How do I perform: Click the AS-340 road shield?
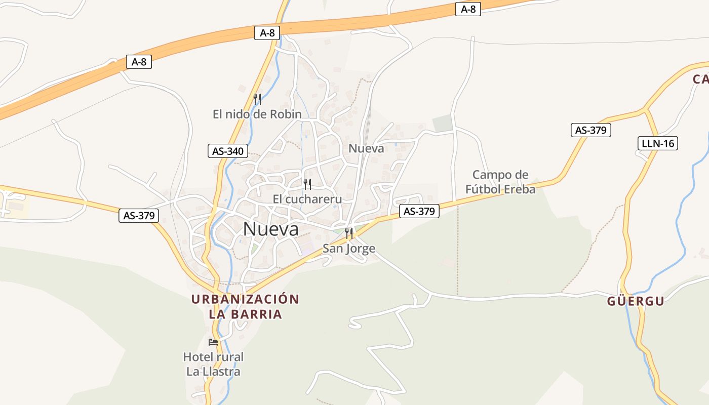(228, 151)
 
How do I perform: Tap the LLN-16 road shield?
(657, 143)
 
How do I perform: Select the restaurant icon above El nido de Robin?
(257, 99)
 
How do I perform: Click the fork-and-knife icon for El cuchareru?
(307, 184)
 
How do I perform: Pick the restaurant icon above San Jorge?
(349, 233)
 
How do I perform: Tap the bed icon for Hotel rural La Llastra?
(213, 342)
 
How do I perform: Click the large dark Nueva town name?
(271, 229)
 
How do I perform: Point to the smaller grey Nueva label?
(366, 148)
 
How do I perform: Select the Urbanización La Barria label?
(245, 306)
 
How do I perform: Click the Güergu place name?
(636, 301)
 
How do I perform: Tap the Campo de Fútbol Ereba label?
(500, 182)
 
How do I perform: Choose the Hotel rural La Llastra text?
(213, 364)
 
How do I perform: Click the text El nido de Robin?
(257, 114)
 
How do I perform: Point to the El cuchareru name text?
(307, 199)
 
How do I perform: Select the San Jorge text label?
(349, 248)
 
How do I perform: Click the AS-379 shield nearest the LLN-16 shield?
(591, 130)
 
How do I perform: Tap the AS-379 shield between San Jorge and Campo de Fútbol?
(419, 211)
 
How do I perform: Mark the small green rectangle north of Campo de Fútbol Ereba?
(442, 123)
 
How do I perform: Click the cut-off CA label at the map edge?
(701, 79)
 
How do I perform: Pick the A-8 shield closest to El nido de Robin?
(267, 33)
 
